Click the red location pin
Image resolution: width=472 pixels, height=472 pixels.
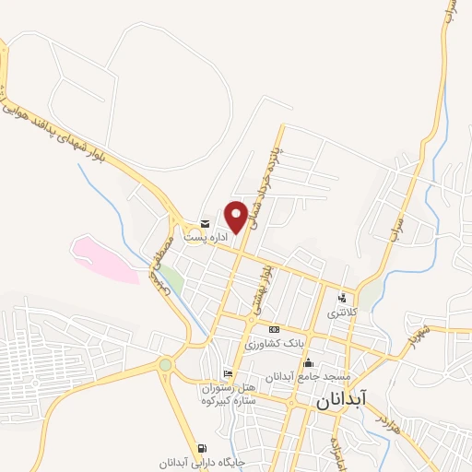236,215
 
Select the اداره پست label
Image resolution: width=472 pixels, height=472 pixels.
205,237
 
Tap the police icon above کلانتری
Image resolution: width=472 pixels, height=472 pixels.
342,298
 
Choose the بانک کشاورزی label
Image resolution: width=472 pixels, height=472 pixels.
274,343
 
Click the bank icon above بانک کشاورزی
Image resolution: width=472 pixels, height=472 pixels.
274,329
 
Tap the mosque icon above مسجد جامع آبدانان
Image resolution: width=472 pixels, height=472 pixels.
308,363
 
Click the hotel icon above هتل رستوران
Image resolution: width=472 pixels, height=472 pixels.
228,373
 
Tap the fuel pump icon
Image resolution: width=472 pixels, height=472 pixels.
202,448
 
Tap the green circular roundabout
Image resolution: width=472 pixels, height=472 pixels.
165,365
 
